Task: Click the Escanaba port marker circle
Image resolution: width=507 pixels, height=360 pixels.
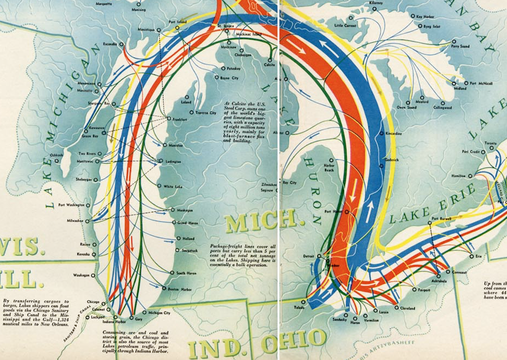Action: (x=121, y=44)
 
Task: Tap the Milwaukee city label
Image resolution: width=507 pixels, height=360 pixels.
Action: (x=75, y=221)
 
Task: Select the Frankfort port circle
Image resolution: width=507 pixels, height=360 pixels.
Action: (x=169, y=119)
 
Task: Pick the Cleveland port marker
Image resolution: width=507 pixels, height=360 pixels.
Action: (x=397, y=308)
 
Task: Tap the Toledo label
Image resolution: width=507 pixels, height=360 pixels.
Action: (x=299, y=307)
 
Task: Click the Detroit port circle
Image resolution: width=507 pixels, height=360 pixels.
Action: (x=319, y=256)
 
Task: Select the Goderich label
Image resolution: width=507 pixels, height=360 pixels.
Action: (x=391, y=160)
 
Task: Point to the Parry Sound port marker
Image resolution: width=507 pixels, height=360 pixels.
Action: (x=454, y=42)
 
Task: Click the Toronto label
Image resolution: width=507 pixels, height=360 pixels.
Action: (x=490, y=143)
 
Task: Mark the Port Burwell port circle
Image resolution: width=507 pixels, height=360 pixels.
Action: (x=430, y=223)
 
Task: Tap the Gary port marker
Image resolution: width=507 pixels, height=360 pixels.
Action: (x=132, y=318)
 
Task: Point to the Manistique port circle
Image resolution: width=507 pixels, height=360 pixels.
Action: (x=159, y=30)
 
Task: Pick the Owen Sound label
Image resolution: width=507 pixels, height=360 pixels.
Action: (x=407, y=108)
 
